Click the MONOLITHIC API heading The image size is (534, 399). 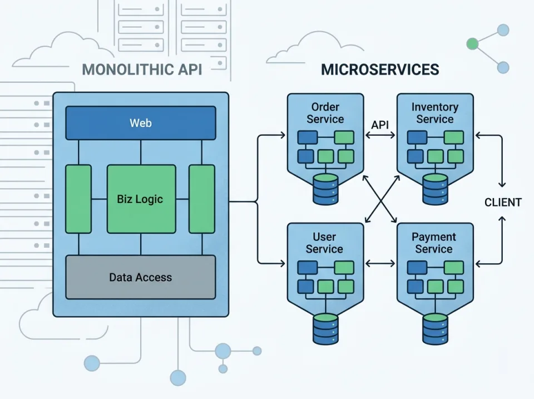click(142, 70)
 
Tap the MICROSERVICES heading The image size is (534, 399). click(380, 70)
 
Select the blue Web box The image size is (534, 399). click(141, 123)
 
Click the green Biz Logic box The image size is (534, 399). click(141, 199)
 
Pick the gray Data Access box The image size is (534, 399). click(141, 277)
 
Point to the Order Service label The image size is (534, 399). click(325, 113)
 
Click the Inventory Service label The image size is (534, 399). click(435, 113)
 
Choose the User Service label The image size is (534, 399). click(324, 243)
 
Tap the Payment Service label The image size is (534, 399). click(434, 243)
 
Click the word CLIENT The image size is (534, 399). click(503, 203)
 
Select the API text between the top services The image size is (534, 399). click(380, 125)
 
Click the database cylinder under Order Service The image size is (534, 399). click(325, 189)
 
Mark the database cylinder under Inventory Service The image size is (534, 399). click(435, 189)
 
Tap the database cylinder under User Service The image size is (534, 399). click(325, 328)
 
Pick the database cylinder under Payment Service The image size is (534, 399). click(435, 328)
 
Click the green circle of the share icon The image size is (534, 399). click(473, 43)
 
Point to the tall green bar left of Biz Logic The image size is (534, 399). click(78, 199)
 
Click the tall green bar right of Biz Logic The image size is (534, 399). click(202, 199)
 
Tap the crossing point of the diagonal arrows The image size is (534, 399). click(380, 199)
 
